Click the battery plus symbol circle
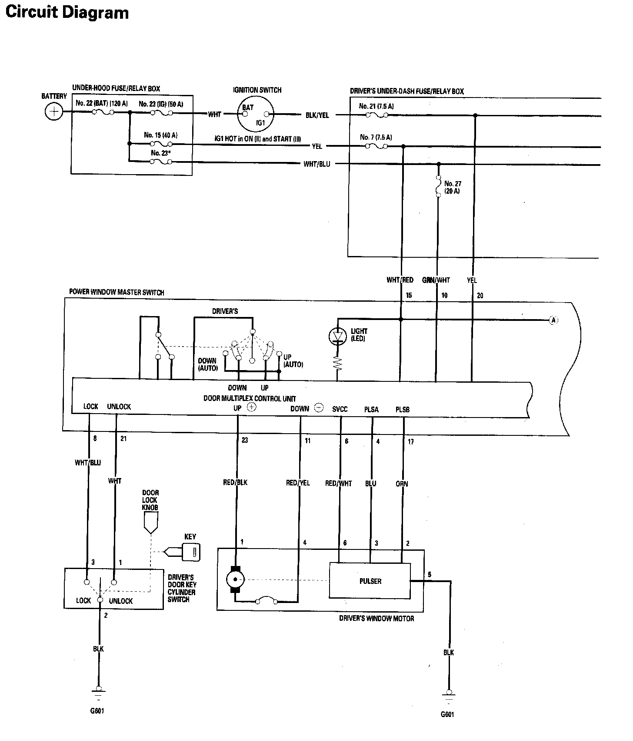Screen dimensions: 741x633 pos(53,112)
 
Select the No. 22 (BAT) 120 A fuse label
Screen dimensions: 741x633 pos(101,104)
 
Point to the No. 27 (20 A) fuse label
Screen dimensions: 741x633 pos(452,187)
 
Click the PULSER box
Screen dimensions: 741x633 pos(370,581)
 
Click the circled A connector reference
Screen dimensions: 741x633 pos(553,320)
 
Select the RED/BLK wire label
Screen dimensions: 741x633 pos(235,482)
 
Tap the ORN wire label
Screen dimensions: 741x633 pos(402,484)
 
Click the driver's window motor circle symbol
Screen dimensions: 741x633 pos(235,579)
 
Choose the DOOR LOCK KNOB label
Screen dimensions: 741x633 pos(150,500)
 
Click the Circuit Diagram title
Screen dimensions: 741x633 pos(67,12)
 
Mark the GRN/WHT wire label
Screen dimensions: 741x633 pos(436,280)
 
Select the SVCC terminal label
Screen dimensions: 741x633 pos(340,409)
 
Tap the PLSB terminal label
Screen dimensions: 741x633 pos(403,409)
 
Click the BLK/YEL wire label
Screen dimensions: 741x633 pos(317,115)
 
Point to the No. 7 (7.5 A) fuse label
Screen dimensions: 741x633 pos(376,137)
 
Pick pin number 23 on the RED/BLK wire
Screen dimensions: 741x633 pos(245,440)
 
